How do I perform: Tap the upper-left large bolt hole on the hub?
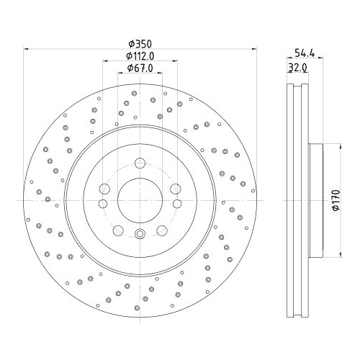click(x=104, y=189)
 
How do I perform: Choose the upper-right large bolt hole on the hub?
click(x=175, y=189)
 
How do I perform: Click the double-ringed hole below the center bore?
click(x=140, y=233)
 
